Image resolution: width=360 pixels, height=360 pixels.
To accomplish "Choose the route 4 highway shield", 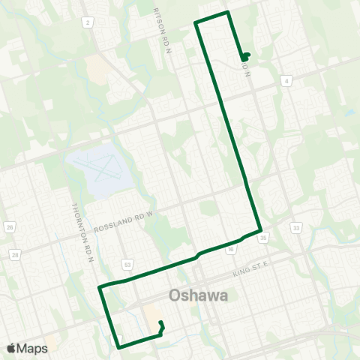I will click(287, 79).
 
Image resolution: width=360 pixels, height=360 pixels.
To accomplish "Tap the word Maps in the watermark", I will click(33, 348).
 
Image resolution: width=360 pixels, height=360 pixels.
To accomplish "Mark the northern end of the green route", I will click(245, 57).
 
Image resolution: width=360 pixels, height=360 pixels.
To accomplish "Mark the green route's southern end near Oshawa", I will click(161, 324).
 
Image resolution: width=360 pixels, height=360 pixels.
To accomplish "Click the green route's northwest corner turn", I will click(196, 23).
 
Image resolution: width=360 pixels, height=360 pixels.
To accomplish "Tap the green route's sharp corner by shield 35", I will click(259, 229).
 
